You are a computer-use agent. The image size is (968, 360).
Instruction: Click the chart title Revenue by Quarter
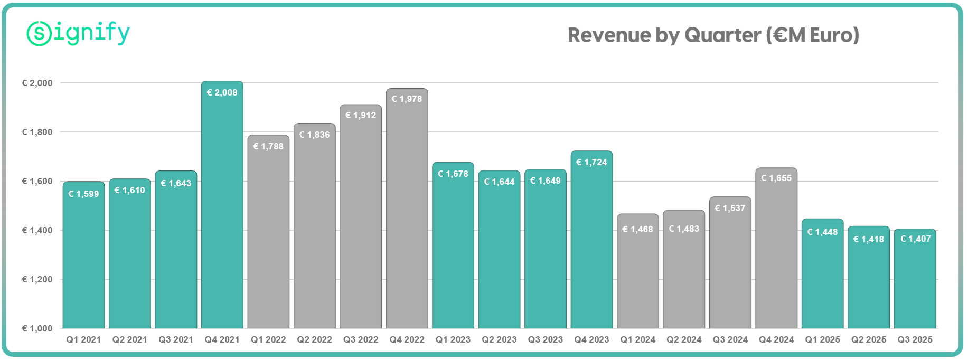[713, 35]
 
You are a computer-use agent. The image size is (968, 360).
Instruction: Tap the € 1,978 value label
[407, 99]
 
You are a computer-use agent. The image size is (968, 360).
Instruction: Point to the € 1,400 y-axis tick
[37, 230]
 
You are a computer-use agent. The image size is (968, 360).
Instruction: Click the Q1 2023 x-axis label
[453, 339]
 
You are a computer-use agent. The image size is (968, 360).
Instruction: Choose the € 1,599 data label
[83, 194]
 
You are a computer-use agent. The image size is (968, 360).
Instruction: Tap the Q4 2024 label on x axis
[776, 339]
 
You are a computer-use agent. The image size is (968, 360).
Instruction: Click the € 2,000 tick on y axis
[37, 83]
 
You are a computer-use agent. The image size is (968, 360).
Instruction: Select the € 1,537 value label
[730, 208]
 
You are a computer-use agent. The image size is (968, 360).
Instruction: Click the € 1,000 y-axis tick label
[37, 328]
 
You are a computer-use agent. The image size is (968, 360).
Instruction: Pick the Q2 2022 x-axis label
[315, 339]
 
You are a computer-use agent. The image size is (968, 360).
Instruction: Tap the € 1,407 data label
[915, 239]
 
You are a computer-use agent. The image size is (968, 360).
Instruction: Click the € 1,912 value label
[361, 115]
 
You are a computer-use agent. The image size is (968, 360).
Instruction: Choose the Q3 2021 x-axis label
[176, 339]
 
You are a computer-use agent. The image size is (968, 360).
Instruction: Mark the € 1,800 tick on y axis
[37, 132]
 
